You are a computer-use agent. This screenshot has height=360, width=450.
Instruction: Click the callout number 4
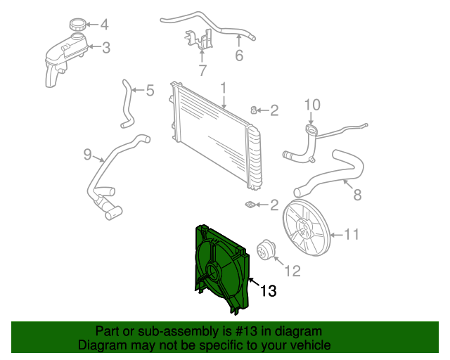[x=105, y=26]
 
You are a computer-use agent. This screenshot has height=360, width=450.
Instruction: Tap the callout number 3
[x=106, y=48]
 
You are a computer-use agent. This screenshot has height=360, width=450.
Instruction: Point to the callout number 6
[x=239, y=56]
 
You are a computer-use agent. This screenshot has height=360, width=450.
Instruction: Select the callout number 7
[x=202, y=70]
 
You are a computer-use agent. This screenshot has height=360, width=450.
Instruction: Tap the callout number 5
[x=149, y=90]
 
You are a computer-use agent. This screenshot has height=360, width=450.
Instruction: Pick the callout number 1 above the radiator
[x=223, y=89]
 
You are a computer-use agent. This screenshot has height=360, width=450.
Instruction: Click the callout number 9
[x=88, y=154]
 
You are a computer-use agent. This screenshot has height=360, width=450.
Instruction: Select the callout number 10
[x=311, y=105]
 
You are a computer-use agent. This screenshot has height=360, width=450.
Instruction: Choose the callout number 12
[x=292, y=269]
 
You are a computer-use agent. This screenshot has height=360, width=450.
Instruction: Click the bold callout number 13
[x=269, y=290]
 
